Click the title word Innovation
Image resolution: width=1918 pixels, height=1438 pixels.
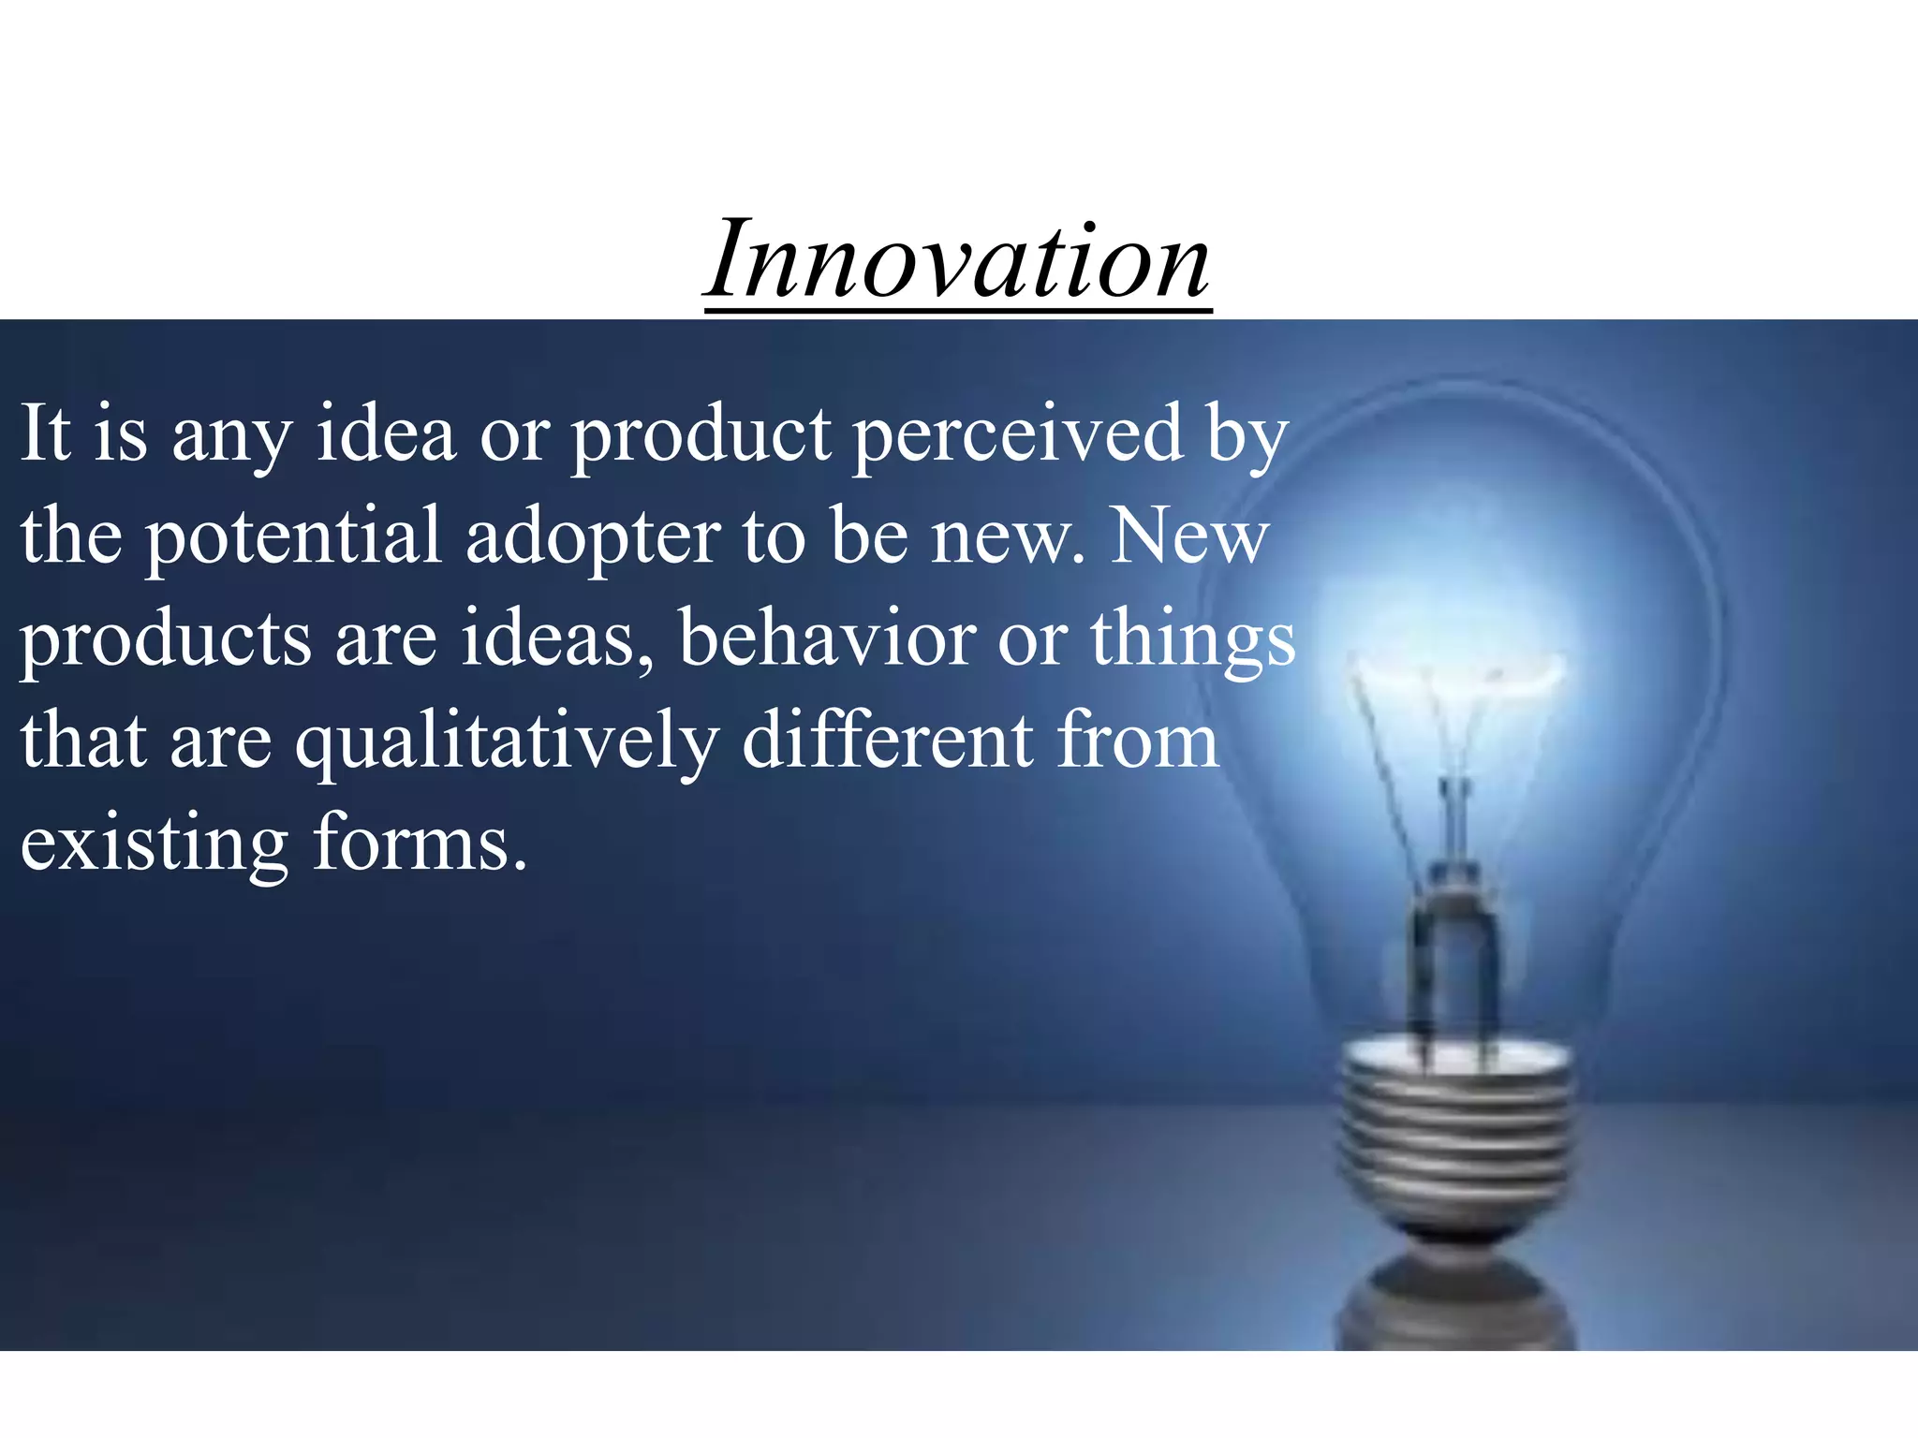click(957, 260)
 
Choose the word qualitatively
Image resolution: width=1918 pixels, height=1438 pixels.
click(508, 741)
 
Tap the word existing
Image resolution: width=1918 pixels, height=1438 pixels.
click(155, 844)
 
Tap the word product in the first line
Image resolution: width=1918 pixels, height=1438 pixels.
click(701, 435)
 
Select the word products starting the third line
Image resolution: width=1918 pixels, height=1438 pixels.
click(165, 641)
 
